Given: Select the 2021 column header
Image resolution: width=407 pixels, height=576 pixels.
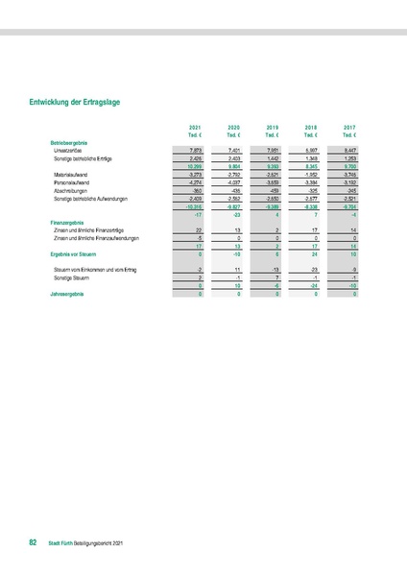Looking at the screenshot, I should pos(195,127).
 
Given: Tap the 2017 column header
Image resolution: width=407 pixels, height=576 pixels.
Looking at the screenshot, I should pos(348,127).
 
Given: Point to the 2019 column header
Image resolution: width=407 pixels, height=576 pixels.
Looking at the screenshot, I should pos(272,127).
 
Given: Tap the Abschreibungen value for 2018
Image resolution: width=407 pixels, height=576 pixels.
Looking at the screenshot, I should pos(311,190).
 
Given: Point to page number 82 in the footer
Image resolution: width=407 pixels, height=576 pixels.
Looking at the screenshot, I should pos(33,544).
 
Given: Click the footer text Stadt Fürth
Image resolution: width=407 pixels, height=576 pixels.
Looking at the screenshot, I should pos(60,544).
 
